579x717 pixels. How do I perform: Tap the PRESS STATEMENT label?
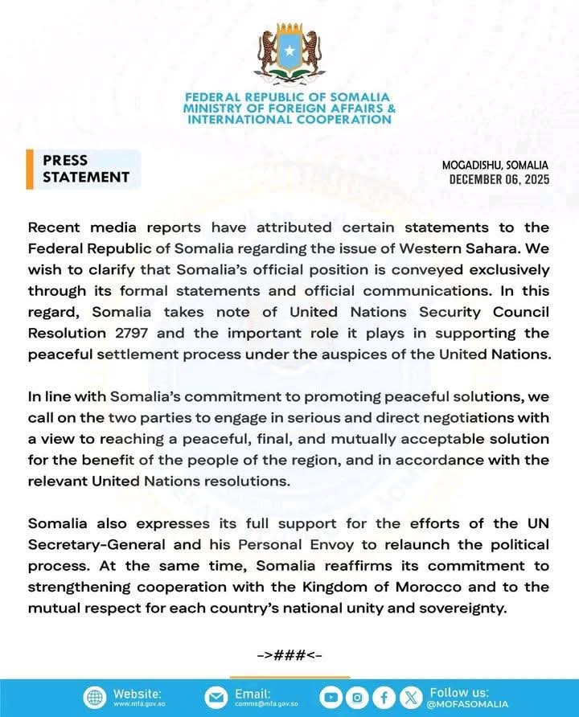(85, 169)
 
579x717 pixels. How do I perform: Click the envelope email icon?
(216, 697)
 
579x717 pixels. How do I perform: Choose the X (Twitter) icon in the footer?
(412, 697)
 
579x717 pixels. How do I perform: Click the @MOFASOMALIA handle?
(468, 704)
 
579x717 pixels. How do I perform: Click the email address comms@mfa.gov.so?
(266, 704)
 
